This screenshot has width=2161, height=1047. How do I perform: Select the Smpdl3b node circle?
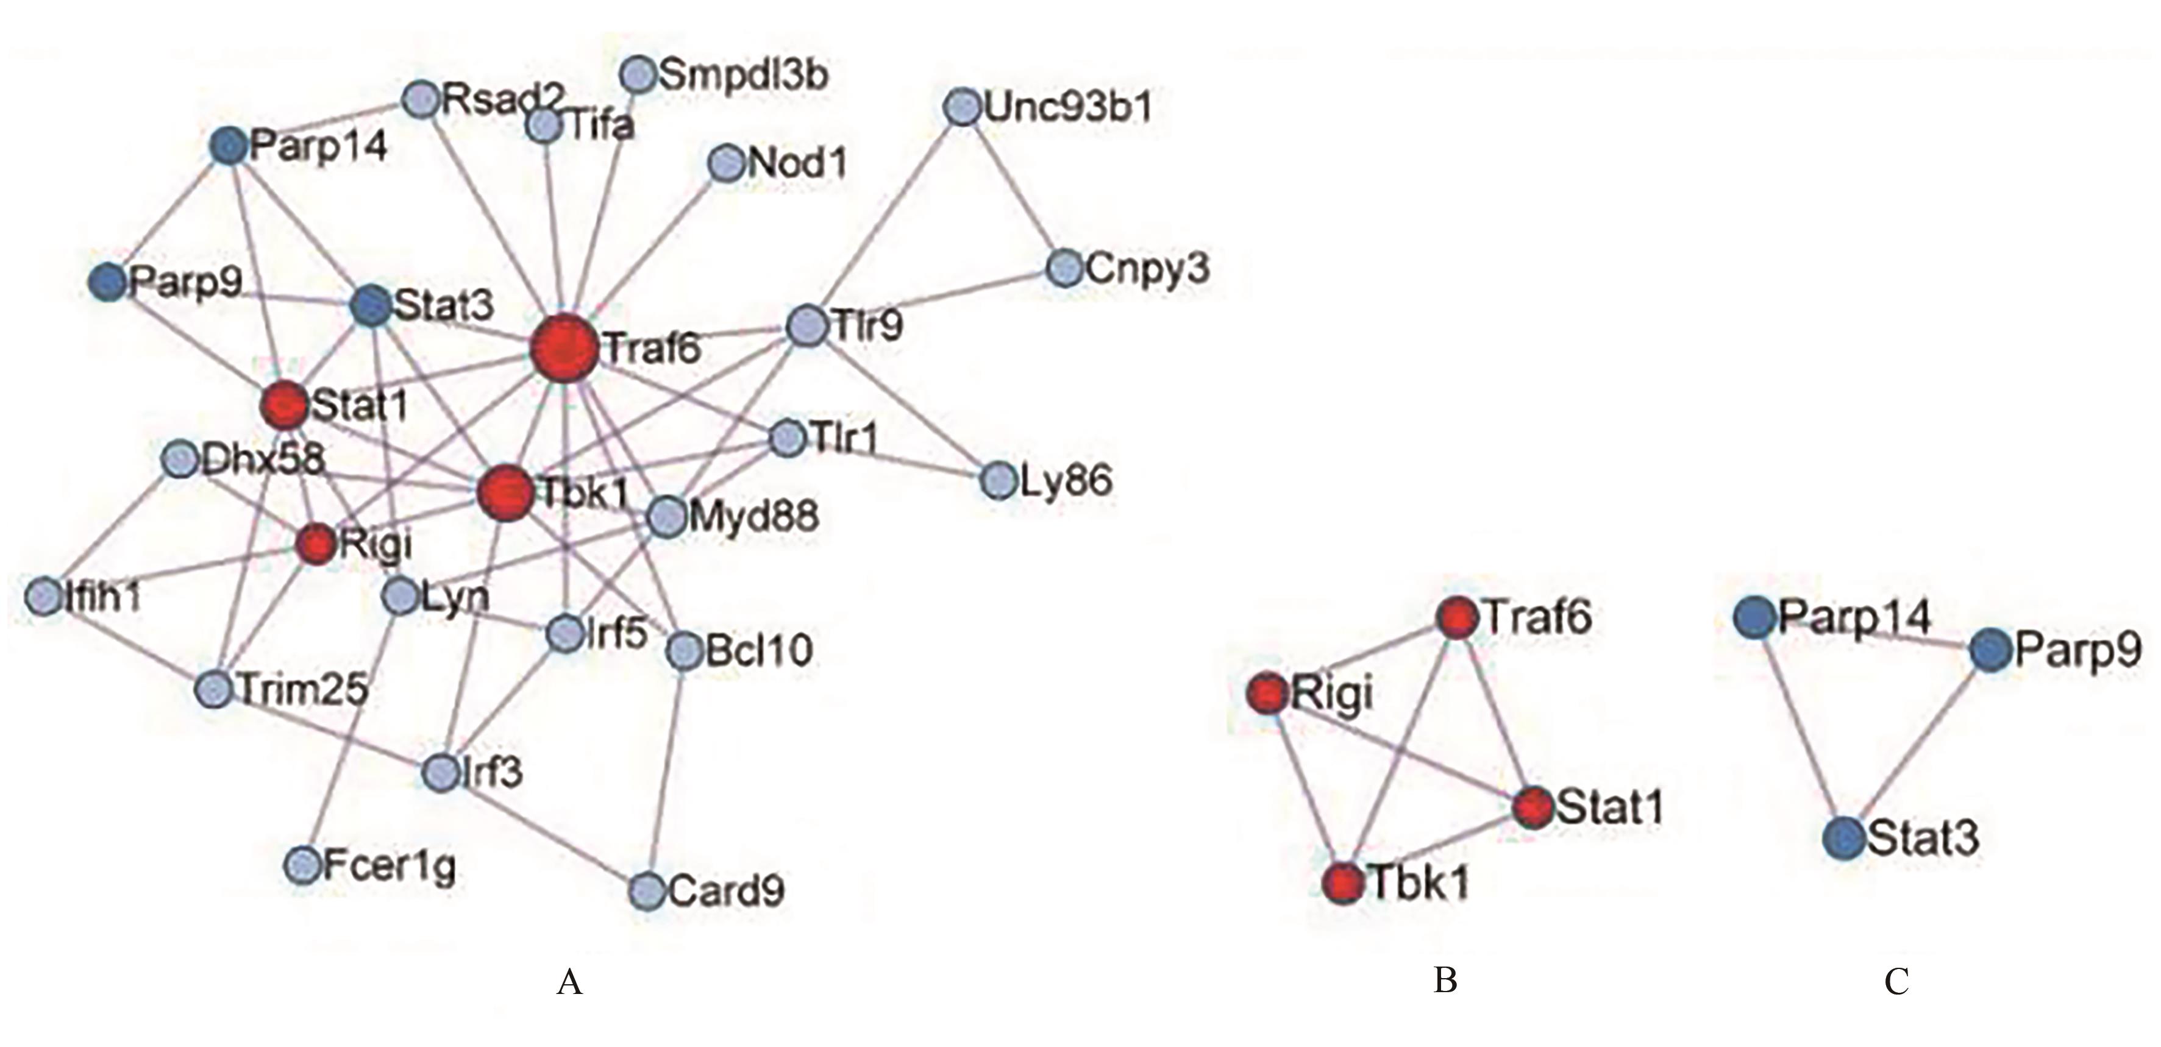(638, 74)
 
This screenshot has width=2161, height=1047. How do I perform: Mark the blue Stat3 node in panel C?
(1844, 837)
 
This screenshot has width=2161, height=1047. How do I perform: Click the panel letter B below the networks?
(1445, 980)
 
